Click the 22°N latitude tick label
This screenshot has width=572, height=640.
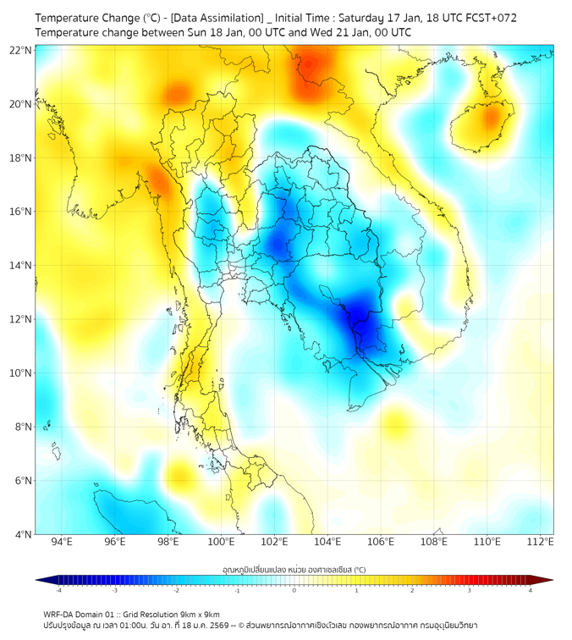20,50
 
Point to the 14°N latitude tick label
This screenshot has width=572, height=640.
20,265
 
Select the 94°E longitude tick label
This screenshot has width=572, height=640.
62,542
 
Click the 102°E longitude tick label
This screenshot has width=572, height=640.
274,542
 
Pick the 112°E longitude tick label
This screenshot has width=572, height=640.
541,542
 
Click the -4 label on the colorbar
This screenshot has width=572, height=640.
58,590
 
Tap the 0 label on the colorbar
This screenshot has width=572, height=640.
294,590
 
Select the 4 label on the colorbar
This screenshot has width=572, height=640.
531,590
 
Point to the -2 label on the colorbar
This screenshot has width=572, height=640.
175,590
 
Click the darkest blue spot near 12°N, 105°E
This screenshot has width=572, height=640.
361,315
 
